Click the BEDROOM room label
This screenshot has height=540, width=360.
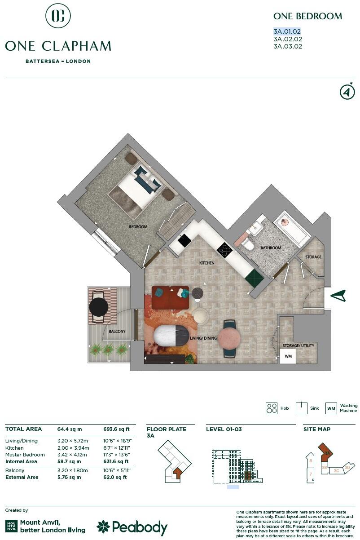(138, 227)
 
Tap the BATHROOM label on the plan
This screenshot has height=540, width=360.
(271, 248)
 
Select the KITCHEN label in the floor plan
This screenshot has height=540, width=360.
(207, 263)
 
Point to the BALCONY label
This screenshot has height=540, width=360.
(117, 332)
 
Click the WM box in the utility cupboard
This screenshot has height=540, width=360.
(288, 356)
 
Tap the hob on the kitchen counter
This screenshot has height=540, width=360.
(224, 249)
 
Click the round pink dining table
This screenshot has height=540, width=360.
(230, 338)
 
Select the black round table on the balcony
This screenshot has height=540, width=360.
(99, 307)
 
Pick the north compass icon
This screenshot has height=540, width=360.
(347, 92)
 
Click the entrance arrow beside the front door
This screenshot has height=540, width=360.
(338, 296)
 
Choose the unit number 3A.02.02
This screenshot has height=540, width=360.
(287, 39)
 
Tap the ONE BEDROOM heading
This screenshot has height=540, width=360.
(307, 16)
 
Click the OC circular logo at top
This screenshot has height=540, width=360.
(58, 16)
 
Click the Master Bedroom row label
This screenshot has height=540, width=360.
(25, 455)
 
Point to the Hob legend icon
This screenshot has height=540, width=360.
(272, 408)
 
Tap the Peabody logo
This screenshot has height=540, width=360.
(132, 527)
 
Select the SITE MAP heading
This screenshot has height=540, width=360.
(317, 429)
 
